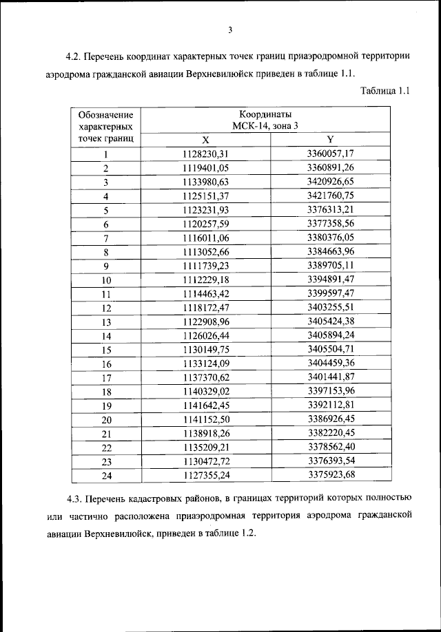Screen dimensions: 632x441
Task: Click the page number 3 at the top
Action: (x=230, y=29)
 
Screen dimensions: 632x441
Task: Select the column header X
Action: (x=206, y=139)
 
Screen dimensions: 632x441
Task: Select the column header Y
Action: (x=331, y=139)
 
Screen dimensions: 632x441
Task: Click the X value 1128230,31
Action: (x=206, y=154)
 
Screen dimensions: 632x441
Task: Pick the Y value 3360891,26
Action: (x=331, y=167)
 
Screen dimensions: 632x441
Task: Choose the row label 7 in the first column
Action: (x=106, y=239)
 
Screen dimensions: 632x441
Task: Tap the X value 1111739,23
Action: (x=206, y=266)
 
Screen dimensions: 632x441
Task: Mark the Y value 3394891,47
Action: (x=331, y=280)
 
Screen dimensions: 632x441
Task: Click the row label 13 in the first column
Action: (x=106, y=322)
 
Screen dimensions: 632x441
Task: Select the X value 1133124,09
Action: (x=206, y=363)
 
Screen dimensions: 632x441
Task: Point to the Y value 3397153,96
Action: (x=331, y=391)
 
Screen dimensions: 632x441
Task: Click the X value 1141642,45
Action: (x=206, y=405)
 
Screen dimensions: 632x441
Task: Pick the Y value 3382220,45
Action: (x=331, y=433)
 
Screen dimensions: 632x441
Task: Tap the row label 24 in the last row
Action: (x=106, y=475)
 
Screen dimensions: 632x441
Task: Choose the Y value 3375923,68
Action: (x=331, y=474)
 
